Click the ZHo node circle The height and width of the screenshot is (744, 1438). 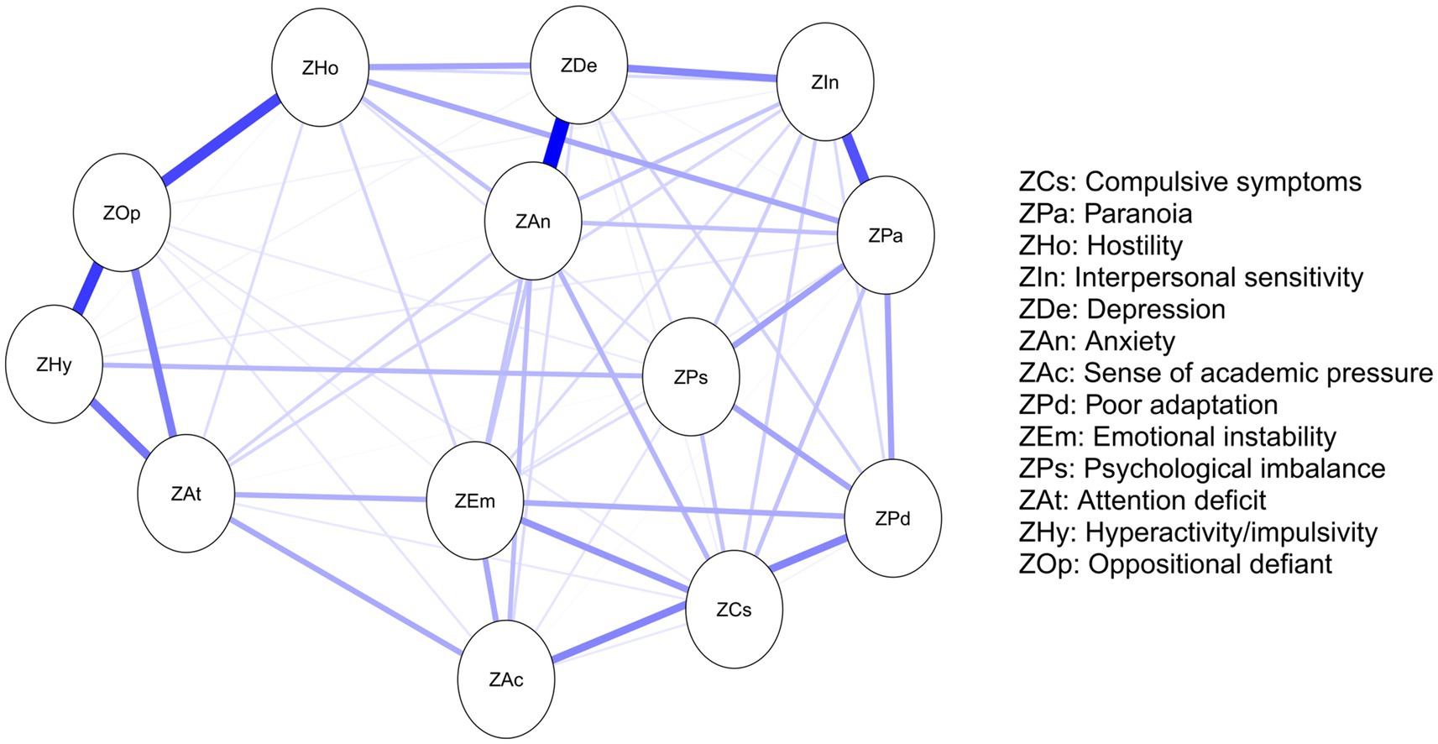point(320,68)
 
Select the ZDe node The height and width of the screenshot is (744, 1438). point(578,65)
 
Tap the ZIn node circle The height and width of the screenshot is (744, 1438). point(825,82)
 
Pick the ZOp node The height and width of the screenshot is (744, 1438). point(122,212)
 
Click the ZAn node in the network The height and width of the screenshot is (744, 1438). point(532,222)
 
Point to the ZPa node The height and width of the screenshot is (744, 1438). point(886,236)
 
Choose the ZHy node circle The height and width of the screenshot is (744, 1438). point(54,364)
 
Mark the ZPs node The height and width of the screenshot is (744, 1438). point(690,377)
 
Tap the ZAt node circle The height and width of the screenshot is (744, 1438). point(186,494)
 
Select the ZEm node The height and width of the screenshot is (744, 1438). point(474,501)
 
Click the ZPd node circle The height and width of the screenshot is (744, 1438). point(892,518)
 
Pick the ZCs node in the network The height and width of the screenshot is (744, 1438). point(734,610)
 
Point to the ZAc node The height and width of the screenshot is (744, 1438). point(506,679)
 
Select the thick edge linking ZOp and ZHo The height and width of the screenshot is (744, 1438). point(220,140)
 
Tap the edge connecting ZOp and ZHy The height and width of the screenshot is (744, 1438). point(87,289)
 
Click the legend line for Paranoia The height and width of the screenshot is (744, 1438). point(1105,214)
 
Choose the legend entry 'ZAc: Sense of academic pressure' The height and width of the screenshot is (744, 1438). point(1226,373)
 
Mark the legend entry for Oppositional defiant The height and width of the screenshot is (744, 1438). point(1175,563)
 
